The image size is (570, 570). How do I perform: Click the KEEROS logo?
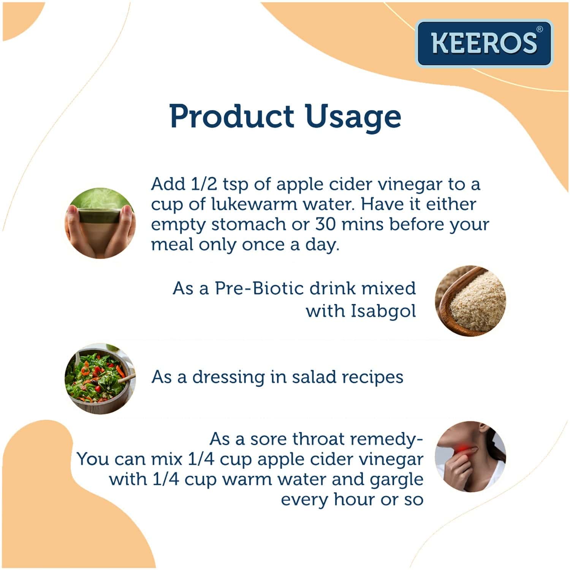pyautogui.click(x=484, y=43)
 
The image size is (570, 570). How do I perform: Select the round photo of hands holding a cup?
pyautogui.click(x=100, y=223)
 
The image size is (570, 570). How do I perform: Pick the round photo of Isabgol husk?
pyautogui.click(x=470, y=301)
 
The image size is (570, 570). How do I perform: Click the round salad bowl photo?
pyautogui.click(x=100, y=378)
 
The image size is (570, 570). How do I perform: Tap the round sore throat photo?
pyautogui.click(x=470, y=457)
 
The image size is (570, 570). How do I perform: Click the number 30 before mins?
pyautogui.click(x=325, y=225)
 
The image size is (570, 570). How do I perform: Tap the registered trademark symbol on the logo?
pyautogui.click(x=539, y=29)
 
